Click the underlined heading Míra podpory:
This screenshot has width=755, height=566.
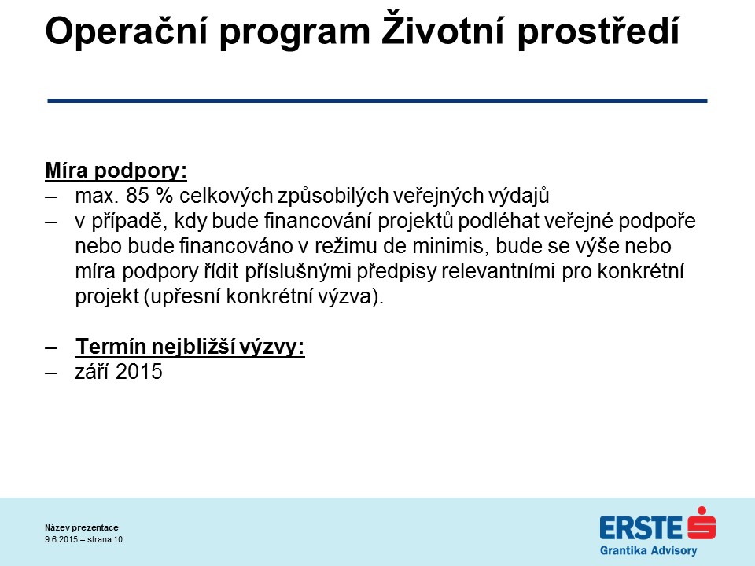pos(116,171)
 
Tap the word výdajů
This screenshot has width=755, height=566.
pos(519,196)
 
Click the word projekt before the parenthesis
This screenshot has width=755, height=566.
pos(107,296)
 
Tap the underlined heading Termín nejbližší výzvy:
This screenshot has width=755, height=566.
pos(190,347)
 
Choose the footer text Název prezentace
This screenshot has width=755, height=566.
pos(82,527)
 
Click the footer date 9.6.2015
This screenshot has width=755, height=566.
pos(61,539)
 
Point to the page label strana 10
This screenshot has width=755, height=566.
pos(105,539)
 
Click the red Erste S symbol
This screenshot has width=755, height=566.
pos(702,523)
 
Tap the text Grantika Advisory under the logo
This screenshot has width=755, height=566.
pos(649,550)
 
